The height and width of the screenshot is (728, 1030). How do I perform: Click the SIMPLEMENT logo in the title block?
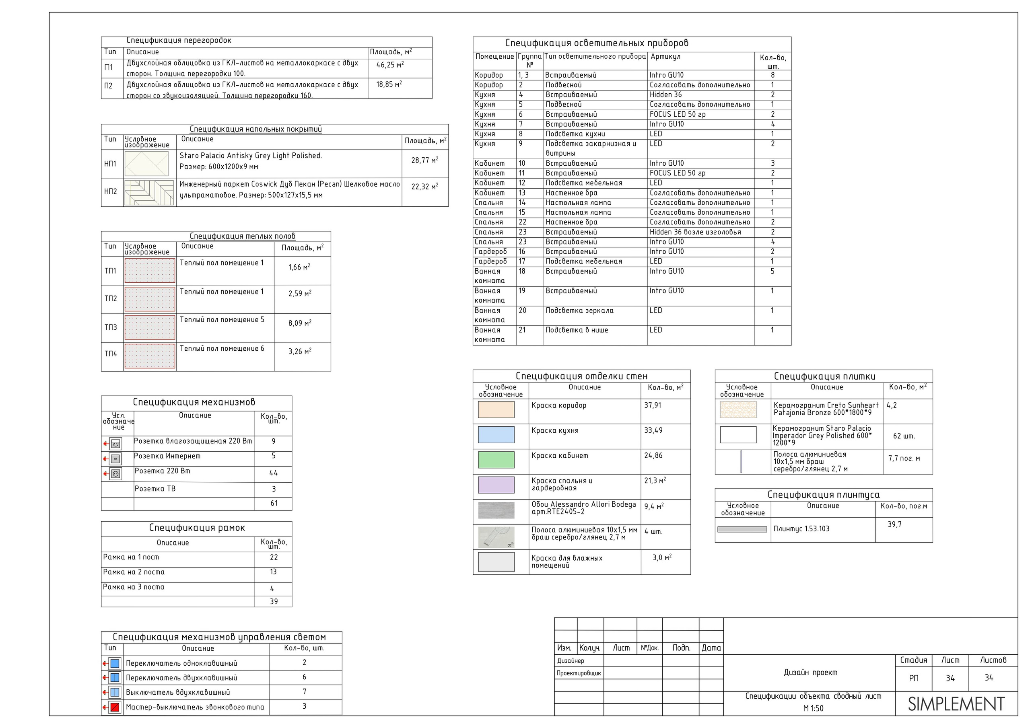pyautogui.click(x=956, y=704)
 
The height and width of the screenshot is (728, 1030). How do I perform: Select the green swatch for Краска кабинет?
pyautogui.click(x=496, y=460)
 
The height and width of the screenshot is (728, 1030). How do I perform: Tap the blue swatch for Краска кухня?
pyautogui.click(x=496, y=435)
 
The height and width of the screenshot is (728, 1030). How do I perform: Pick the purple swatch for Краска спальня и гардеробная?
pyautogui.click(x=496, y=485)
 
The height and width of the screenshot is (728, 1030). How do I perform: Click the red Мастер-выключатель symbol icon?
pyautogui.click(x=115, y=707)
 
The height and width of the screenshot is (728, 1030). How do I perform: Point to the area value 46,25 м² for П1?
pyautogui.click(x=390, y=65)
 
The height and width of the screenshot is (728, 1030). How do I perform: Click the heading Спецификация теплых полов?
pyautogui.click(x=242, y=236)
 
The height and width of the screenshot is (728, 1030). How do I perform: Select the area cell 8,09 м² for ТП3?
pyautogui.click(x=300, y=323)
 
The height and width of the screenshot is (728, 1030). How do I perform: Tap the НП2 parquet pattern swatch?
pyautogui.click(x=149, y=192)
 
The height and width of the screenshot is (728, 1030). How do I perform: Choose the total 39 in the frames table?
pyautogui.click(x=274, y=602)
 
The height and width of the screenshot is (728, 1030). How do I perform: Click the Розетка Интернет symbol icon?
pyautogui.click(x=115, y=459)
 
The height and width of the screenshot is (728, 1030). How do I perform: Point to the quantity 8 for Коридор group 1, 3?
pyautogui.click(x=772, y=75)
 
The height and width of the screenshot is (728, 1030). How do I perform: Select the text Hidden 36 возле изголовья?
pyautogui.click(x=695, y=232)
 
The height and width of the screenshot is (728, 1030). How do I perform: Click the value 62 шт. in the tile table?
pyautogui.click(x=904, y=436)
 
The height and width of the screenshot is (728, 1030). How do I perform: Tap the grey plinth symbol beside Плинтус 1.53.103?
pyautogui.click(x=742, y=529)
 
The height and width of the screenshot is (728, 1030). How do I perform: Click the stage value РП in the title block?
pyautogui.click(x=913, y=678)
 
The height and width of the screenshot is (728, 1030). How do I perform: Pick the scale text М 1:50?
pyautogui.click(x=813, y=708)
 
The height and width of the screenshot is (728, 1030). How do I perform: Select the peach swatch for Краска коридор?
pyautogui.click(x=496, y=409)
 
